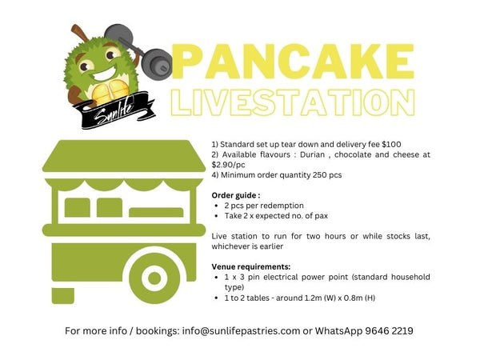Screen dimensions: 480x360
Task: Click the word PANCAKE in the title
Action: pyautogui.click(x=293, y=62)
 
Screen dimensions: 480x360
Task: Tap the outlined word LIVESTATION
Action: pyautogui.click(x=293, y=102)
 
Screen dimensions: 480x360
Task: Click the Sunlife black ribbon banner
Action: pyautogui.click(x=114, y=111)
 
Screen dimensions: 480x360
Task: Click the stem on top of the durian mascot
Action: pyautogui.click(x=79, y=33)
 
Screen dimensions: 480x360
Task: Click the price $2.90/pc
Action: pyautogui.click(x=228, y=165)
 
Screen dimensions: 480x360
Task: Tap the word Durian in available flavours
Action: pyautogui.click(x=312, y=154)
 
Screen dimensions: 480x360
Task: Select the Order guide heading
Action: pyautogui.click(x=236, y=195)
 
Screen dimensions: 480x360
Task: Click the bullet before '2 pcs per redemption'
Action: pyautogui.click(x=217, y=206)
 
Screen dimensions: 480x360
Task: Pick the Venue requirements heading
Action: pyautogui.click(x=251, y=266)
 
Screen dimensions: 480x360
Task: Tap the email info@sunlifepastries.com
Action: pyautogui.click(x=241, y=331)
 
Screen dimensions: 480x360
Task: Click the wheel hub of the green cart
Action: pyautogui.click(x=154, y=278)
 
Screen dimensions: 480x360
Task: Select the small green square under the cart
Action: pyautogui.click(x=62, y=296)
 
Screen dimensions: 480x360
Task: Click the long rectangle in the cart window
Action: pyautogui.click(x=156, y=212)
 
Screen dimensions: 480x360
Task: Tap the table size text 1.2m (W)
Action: pyautogui.click(x=320, y=298)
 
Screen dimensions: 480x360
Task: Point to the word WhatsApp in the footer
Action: pyautogui.click(x=338, y=331)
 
